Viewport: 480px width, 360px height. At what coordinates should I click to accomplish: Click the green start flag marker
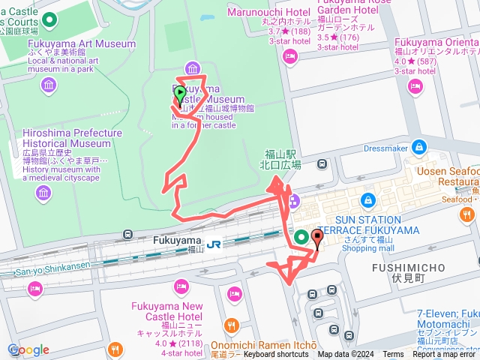click(180, 95)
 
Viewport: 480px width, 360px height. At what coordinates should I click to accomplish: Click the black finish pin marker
click(316, 240)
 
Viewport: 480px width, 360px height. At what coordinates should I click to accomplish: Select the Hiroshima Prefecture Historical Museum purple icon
click(43, 194)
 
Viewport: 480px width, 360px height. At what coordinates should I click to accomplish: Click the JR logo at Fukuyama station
click(214, 244)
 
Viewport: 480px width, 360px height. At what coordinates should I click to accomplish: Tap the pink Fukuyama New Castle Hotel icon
click(180, 286)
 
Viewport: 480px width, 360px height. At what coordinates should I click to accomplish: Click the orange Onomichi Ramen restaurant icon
click(232, 326)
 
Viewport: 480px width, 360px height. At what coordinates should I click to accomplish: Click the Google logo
click(28, 349)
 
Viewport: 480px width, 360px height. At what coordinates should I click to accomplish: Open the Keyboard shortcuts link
click(276, 355)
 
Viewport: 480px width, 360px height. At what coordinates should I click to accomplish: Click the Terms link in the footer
click(393, 355)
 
